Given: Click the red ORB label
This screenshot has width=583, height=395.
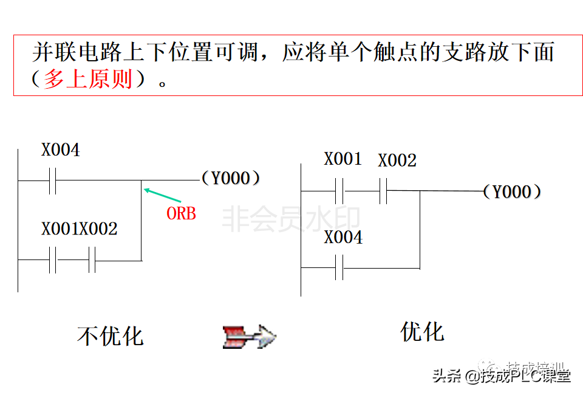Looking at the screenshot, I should pos(181,214).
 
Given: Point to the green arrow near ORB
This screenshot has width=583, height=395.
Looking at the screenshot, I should pos(162,195).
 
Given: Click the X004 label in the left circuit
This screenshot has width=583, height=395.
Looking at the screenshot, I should pos(60,149).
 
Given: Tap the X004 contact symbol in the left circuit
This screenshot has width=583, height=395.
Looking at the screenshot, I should pos(52,180).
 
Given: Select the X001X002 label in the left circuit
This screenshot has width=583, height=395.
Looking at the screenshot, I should pos(80,229).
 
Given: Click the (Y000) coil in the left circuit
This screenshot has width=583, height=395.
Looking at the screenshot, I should pos(231,178).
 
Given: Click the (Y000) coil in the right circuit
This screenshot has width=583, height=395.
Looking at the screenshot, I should pos(512,192).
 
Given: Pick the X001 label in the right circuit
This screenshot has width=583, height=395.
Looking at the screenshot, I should pos(343,159).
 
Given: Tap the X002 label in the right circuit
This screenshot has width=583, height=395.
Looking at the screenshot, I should pos(397,160).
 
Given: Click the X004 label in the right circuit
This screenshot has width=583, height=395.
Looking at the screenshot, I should pos(343,238).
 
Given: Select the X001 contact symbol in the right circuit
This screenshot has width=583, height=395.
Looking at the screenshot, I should pos(339,191).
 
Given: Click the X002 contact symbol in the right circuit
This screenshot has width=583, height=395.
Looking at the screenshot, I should pos(384,191).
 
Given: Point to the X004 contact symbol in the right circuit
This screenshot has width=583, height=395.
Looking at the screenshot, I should pos(339,267).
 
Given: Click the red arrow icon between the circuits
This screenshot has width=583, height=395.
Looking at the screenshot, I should pos(249,336).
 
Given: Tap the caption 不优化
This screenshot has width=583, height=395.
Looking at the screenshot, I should pos(111,336).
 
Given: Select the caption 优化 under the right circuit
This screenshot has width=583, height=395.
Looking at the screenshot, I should pos(423,332).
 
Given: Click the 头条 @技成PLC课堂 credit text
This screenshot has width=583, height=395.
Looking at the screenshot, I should pos(501,376).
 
